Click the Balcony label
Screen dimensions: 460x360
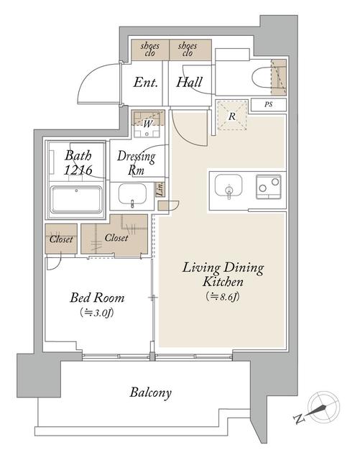(x=151, y=392)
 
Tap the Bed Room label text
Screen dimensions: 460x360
(x=97, y=297)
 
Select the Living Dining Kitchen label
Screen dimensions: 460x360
(x=223, y=275)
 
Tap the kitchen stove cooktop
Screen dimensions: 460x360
(x=269, y=188)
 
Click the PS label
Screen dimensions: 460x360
(x=269, y=106)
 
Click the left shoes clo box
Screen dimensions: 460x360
(x=149, y=48)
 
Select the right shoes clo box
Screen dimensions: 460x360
(x=190, y=48)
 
